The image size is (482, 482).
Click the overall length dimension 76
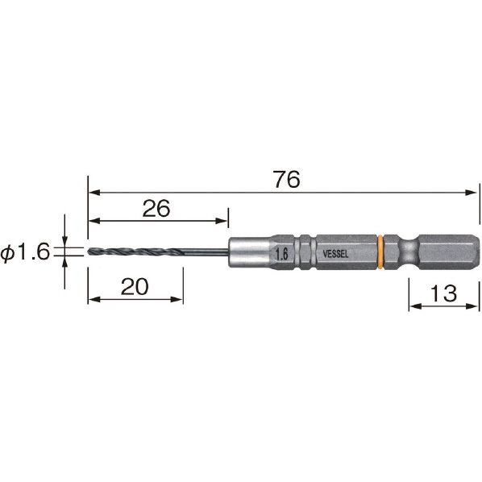(x=286, y=179)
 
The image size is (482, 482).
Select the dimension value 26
(x=156, y=209)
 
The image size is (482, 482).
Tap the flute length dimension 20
(x=135, y=286)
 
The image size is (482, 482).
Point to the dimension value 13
(x=443, y=293)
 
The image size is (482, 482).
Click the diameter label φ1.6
(x=25, y=251)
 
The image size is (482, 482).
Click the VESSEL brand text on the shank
(x=335, y=254)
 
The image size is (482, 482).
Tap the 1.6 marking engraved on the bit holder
(x=281, y=254)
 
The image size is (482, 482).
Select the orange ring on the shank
(x=380, y=252)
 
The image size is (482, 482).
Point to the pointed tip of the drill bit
(x=88, y=251)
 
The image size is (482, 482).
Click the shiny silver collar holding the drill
(x=250, y=252)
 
